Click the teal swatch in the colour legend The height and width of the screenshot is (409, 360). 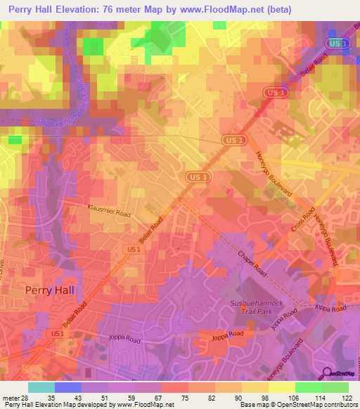point(41,387)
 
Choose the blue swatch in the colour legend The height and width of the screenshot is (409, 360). point(68,387)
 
